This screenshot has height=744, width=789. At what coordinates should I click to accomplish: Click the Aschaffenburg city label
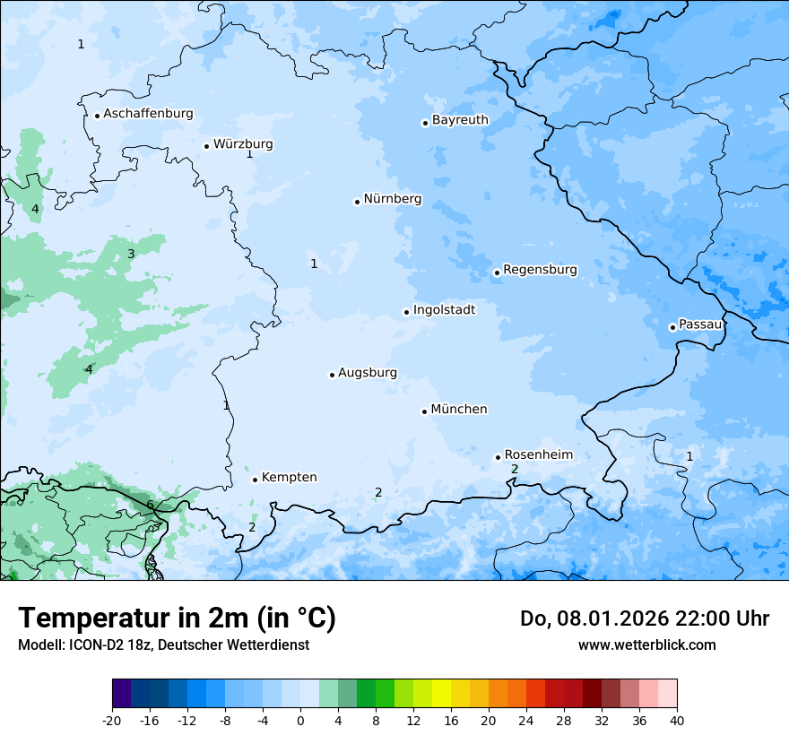pyautogui.click(x=148, y=114)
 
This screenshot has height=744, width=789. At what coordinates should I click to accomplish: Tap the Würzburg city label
pyautogui.click(x=243, y=144)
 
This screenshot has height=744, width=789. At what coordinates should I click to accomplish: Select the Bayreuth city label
pyautogui.click(x=460, y=120)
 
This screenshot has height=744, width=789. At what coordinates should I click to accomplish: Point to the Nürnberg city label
pyautogui.click(x=392, y=199)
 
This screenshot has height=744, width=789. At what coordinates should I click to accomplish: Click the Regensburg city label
pyautogui.click(x=540, y=270)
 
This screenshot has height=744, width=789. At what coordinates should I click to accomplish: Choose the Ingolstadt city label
pyautogui.click(x=444, y=310)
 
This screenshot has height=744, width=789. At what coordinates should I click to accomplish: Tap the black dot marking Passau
pyautogui.click(x=672, y=327)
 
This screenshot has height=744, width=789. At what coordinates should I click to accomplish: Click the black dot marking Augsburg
pyautogui.click(x=332, y=375)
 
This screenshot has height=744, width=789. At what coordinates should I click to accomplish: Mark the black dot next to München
pyautogui.click(x=425, y=411)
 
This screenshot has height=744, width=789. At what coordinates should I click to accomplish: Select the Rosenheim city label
pyautogui.click(x=538, y=455)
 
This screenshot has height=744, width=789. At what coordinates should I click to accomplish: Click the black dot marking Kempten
pyautogui.click(x=255, y=480)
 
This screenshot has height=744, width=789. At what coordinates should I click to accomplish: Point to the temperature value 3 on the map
pyautogui.click(x=131, y=255)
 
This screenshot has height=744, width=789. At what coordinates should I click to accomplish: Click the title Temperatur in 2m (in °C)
pyautogui.click(x=177, y=619)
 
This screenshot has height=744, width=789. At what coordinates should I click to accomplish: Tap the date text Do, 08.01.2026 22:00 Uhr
pyautogui.click(x=645, y=619)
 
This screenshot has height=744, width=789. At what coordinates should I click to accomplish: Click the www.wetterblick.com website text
pyautogui.click(x=646, y=645)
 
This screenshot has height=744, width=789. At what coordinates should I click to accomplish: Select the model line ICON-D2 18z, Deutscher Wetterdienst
pyautogui.click(x=163, y=645)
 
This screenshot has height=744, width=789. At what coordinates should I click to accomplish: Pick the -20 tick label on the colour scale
pyautogui.click(x=112, y=721)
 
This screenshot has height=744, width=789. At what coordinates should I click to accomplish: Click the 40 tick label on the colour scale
pyautogui.click(x=677, y=721)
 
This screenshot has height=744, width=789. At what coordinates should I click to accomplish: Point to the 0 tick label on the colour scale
pyautogui.click(x=300, y=721)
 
